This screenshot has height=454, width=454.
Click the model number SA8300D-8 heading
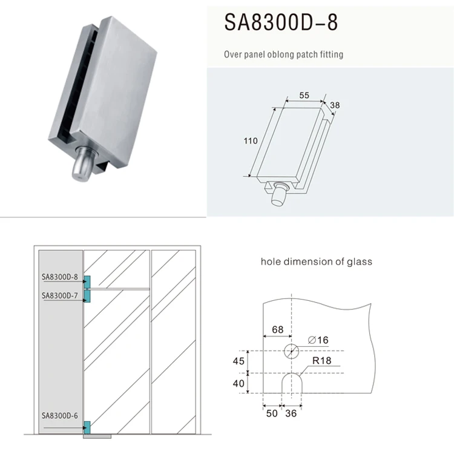point(281,22)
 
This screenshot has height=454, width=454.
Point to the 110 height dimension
point(251,141)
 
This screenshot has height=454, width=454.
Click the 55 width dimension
point(304,95)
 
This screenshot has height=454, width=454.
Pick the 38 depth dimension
point(335,105)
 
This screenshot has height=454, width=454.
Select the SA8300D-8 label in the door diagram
point(60,277)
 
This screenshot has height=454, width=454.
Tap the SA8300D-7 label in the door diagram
point(60,295)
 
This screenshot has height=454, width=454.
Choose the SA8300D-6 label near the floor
point(60,416)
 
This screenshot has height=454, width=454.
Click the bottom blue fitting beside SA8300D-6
point(87,427)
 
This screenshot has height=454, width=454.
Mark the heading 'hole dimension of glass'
point(317,262)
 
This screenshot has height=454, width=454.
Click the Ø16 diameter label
point(318,340)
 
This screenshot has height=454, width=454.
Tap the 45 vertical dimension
point(239,361)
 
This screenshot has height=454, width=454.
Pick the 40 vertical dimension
point(239,383)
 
